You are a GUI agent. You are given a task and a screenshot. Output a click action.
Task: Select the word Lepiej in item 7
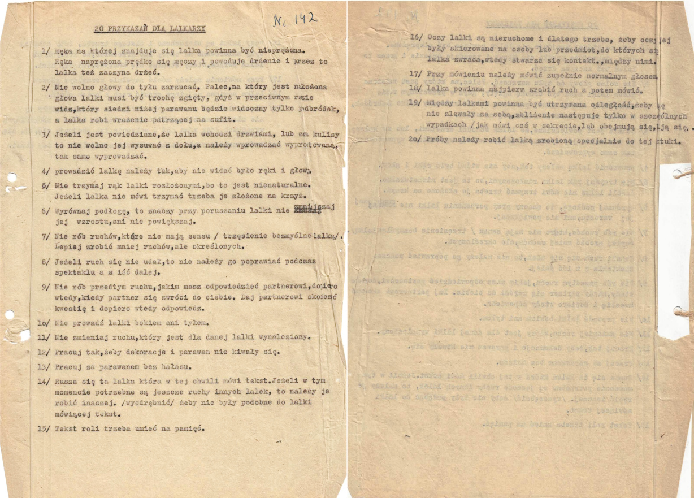[x=68, y=247]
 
